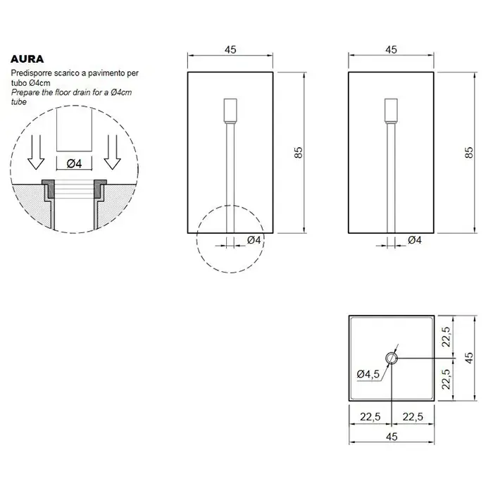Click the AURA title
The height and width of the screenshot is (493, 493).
coord(27,59)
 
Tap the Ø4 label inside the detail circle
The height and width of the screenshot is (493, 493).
coord(74,163)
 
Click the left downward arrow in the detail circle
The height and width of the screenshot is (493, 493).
coord(36,153)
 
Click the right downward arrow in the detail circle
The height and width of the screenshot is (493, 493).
coord(113,153)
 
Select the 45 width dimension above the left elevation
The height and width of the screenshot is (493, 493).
coord(230,50)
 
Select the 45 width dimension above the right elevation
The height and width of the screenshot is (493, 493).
coord(391,50)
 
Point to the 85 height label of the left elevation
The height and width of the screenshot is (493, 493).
coord(299,153)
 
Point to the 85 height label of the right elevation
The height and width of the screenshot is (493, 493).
coord(468,153)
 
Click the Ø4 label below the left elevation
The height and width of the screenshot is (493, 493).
coord(254,240)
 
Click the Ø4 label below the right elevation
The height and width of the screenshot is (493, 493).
coord(415,240)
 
